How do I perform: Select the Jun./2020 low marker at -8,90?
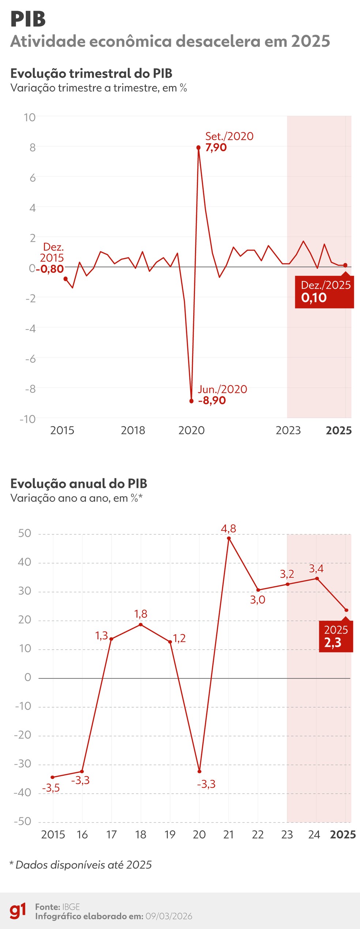point(191,401)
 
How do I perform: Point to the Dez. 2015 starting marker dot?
point(65,279)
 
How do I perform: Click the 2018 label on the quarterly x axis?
point(133,430)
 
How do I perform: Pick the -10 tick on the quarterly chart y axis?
point(28,419)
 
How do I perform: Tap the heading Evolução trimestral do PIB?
point(91,74)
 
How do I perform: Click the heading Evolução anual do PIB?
point(79,484)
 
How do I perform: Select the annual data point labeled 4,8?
point(229,538)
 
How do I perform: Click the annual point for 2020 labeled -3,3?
point(199,771)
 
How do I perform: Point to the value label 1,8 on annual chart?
point(140,614)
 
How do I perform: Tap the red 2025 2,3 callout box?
point(335,636)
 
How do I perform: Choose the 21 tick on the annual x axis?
point(228,834)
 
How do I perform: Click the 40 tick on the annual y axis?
point(25,562)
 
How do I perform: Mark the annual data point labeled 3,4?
point(317,579)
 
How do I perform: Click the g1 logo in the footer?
point(18,911)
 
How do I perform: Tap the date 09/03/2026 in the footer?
point(169,916)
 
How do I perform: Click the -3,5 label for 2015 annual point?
point(51,788)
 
